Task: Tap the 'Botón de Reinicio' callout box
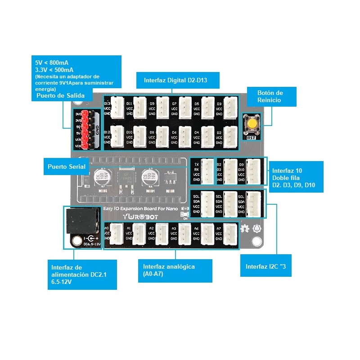point(270,97)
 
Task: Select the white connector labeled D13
point(118,108)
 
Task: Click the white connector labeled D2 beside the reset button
point(230,136)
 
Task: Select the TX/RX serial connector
point(207,171)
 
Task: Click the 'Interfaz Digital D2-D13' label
point(178,81)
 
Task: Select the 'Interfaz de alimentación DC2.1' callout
point(82,274)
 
